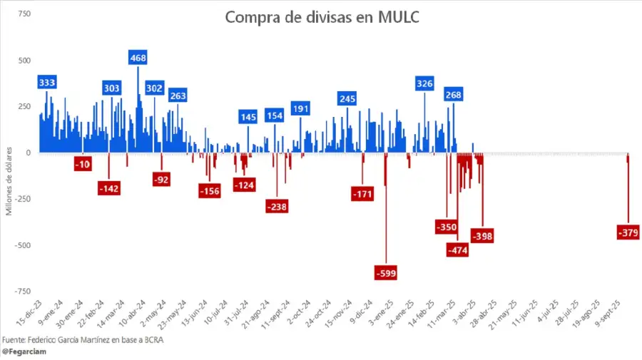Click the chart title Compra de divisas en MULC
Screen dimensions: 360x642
(322, 17)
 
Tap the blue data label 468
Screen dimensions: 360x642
(138, 57)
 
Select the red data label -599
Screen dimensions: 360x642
(385, 272)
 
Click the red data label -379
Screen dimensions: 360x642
(629, 232)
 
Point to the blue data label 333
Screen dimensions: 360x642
(48, 82)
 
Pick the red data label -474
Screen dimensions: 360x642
(457, 250)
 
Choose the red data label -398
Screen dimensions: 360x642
(482, 235)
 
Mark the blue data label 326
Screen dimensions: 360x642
(424, 83)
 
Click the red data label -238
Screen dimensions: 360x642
(277, 206)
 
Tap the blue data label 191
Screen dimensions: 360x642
(300, 108)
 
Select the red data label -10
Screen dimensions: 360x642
(83, 165)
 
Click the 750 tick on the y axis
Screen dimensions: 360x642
(24, 14)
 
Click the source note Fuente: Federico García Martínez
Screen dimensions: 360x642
(83, 339)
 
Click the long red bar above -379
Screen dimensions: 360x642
(628, 192)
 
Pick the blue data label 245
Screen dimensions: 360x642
(347, 98)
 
